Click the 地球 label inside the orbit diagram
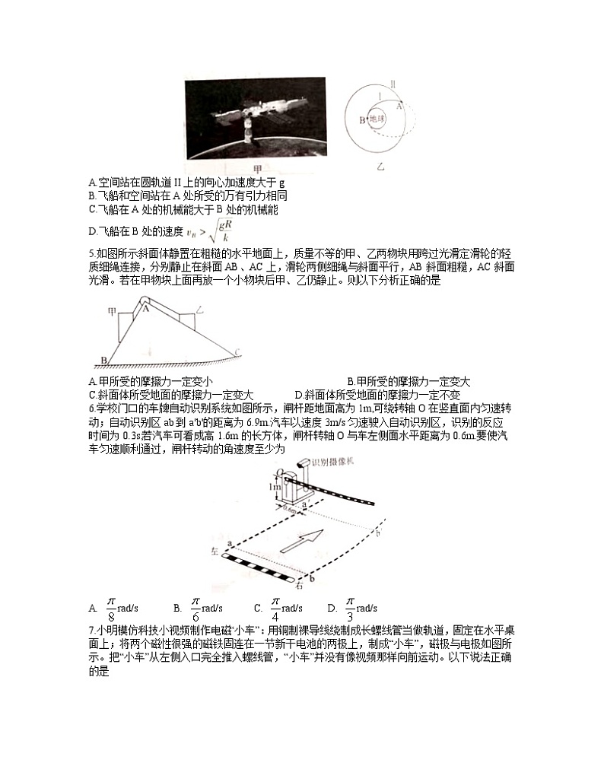click(x=378, y=119)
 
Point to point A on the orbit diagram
click(x=397, y=107)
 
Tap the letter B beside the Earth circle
click(x=362, y=119)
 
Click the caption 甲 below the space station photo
click(x=257, y=168)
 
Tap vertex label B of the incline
click(x=103, y=361)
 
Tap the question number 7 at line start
click(x=91, y=631)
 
